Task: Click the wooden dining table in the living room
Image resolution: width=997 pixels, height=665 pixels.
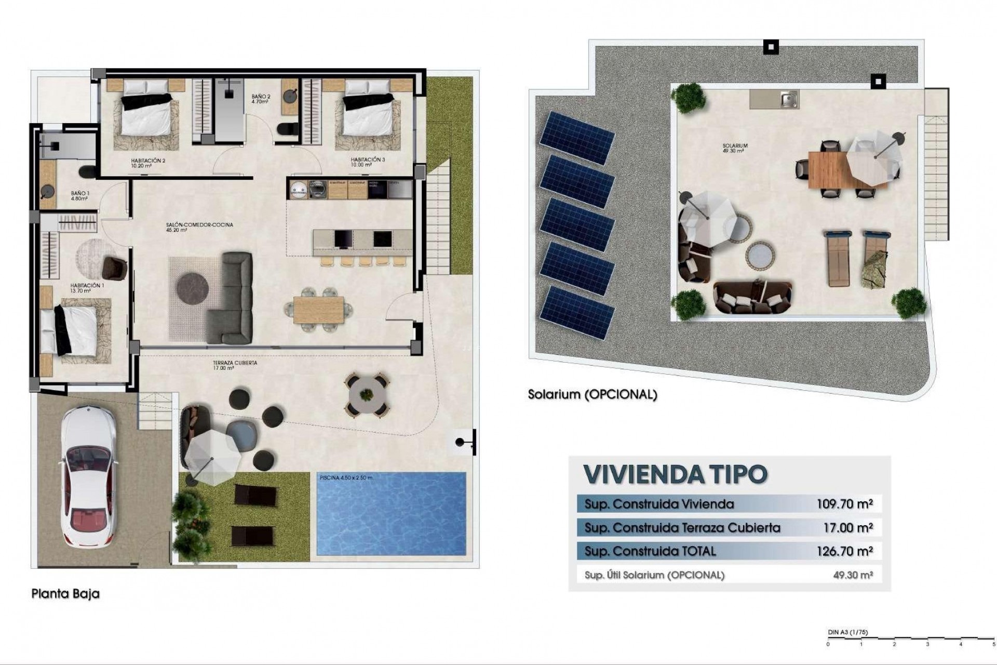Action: click(318, 310)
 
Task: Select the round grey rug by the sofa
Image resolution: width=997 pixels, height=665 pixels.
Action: click(193, 285)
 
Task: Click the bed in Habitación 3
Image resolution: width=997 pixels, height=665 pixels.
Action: click(368, 116)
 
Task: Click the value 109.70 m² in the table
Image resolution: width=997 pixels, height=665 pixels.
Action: click(844, 503)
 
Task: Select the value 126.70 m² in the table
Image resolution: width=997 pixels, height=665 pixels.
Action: click(844, 551)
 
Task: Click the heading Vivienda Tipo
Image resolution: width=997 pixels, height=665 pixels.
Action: click(676, 474)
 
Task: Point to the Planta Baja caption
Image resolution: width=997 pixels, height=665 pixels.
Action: click(65, 593)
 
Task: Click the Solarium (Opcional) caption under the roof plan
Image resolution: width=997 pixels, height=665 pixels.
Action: click(592, 394)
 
